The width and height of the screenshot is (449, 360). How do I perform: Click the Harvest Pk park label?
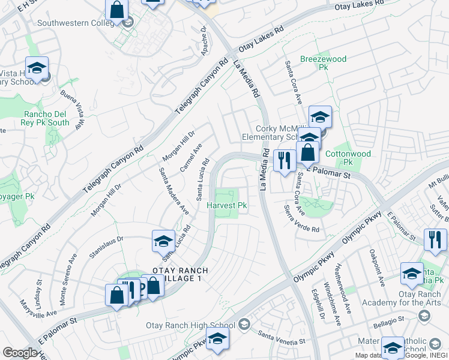tap(227, 206)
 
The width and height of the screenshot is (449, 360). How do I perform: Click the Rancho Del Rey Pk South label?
tap(46, 118)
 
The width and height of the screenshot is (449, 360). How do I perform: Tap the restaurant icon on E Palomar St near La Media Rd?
tap(283, 160)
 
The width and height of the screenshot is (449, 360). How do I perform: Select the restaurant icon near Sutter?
tap(434, 239)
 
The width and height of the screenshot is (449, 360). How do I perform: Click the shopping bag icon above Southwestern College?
tap(116, 9)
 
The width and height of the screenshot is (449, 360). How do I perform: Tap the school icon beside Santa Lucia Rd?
tap(163, 241)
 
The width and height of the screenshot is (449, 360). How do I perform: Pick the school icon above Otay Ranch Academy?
tap(412, 274)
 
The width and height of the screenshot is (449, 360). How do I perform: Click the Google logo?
tap(20, 353)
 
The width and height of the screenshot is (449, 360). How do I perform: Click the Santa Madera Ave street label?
tap(174, 191)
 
